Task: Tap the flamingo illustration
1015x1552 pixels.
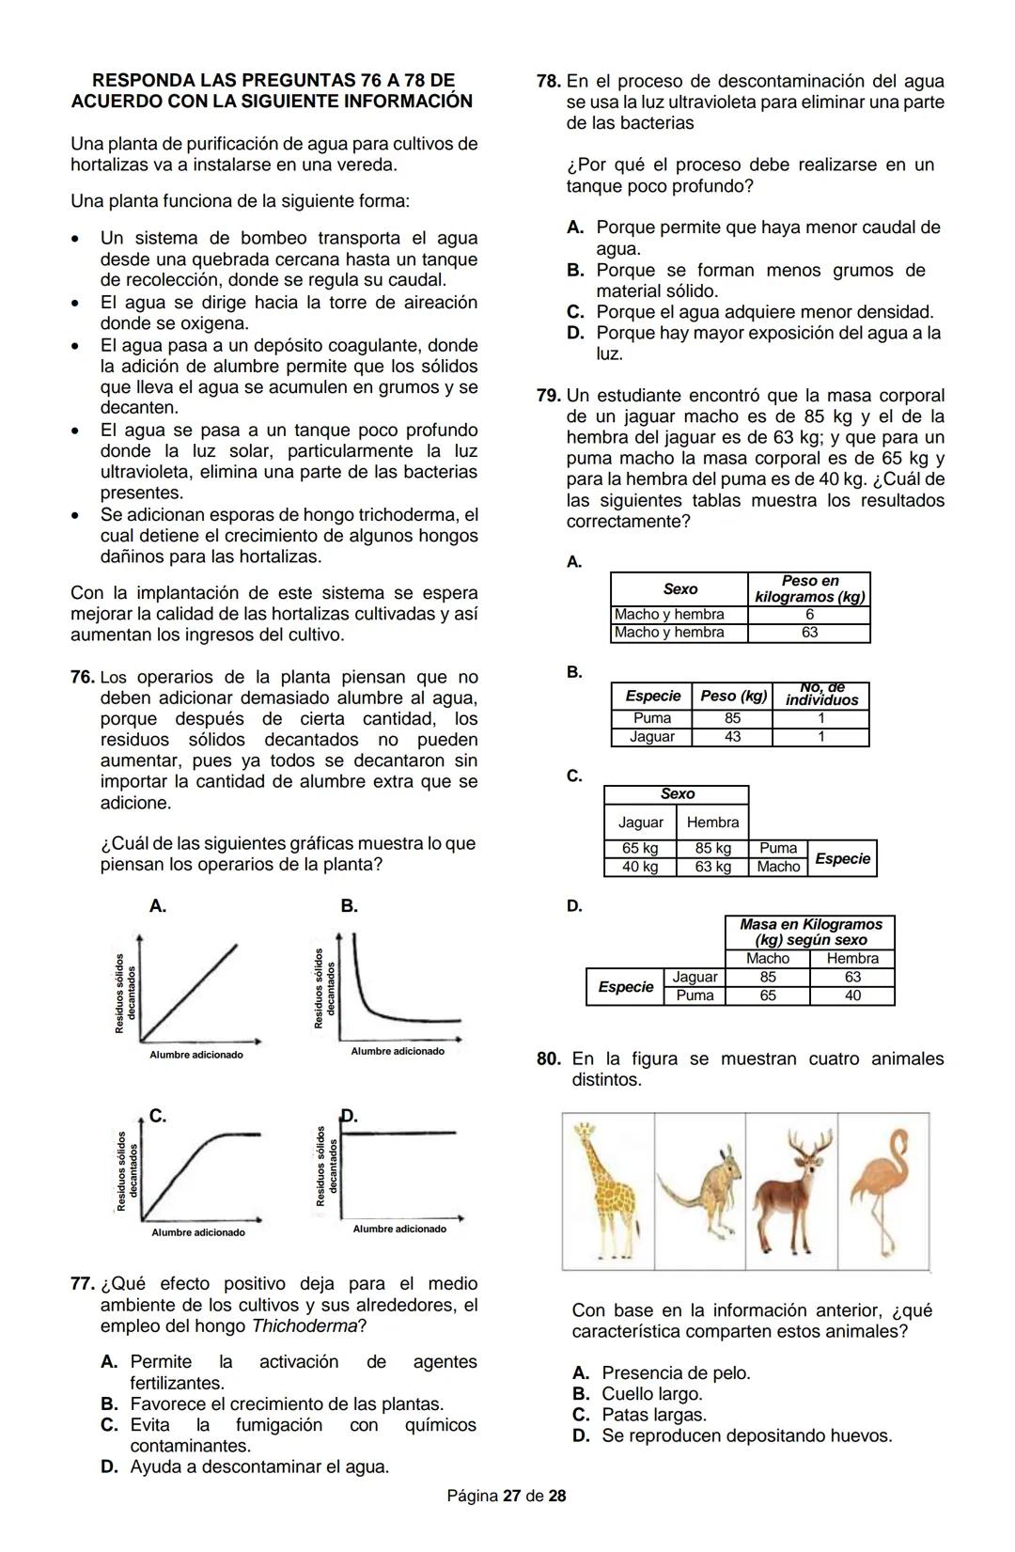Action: [882, 1190]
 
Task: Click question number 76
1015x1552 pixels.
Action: [82, 678]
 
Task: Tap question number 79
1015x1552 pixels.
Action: [549, 397]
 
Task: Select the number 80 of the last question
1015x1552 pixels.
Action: [549, 1059]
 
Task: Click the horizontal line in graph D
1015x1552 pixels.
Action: [399, 1133]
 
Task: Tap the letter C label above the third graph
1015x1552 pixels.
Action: [158, 1117]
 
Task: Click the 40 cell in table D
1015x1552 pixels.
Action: [851, 995]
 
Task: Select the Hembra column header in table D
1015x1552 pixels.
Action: [851, 959]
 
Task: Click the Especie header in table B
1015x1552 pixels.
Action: [652, 697]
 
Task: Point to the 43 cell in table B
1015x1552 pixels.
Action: [732, 738]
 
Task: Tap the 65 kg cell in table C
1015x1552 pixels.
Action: [640, 849]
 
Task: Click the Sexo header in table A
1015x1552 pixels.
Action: [679, 589]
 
